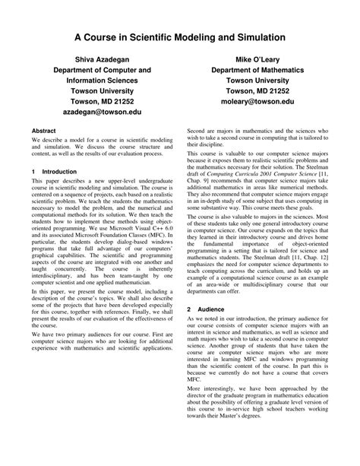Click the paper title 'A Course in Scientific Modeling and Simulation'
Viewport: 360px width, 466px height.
(x=179, y=36)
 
